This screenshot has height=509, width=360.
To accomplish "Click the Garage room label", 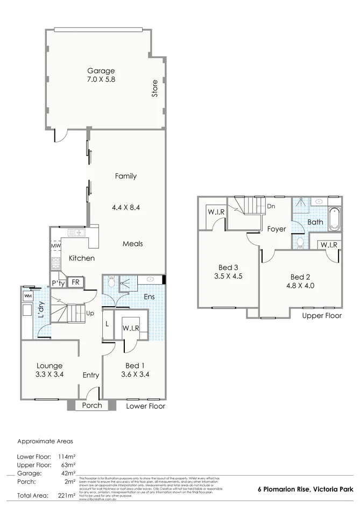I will click(x=102, y=70).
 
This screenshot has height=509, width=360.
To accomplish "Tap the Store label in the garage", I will click(x=154, y=88).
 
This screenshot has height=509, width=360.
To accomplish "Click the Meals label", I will click(x=132, y=244).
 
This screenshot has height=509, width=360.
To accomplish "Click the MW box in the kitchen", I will click(x=55, y=246).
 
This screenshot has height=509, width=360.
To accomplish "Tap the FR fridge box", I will click(x=75, y=282).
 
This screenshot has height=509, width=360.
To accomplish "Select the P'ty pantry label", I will click(x=58, y=283).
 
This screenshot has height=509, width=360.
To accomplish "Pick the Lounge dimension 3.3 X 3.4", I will click(x=49, y=374).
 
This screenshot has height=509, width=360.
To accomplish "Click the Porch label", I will click(x=92, y=405).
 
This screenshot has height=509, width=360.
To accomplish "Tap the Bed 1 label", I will click(x=129, y=366).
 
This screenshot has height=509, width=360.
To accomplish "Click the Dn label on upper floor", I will click(x=271, y=206).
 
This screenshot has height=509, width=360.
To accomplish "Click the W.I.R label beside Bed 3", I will click(x=216, y=211).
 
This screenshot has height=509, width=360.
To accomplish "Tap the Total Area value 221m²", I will click(x=67, y=494).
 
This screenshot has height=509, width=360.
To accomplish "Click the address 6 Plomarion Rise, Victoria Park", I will click(x=305, y=489).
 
